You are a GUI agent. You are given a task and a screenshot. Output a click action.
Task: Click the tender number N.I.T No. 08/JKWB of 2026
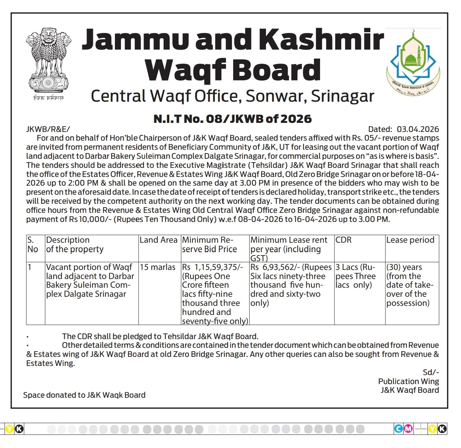click(232, 119)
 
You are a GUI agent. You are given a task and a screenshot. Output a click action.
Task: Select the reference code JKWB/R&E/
click(48, 129)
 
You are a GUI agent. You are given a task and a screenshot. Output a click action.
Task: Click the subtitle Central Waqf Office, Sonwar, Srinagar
click(232, 96)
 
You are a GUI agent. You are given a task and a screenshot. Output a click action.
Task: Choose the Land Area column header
click(158, 240)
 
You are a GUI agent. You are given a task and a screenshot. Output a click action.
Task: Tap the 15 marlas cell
click(158, 267)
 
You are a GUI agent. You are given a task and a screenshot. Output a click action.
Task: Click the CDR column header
click(343, 240)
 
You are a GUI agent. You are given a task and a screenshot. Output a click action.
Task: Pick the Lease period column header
click(410, 240)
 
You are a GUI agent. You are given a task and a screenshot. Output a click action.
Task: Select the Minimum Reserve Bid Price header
click(209, 245)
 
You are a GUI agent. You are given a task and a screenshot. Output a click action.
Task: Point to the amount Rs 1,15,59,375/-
click(212, 267)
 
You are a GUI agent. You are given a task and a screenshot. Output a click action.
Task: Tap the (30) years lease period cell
click(404, 267)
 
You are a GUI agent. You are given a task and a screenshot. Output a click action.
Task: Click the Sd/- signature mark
click(431, 372)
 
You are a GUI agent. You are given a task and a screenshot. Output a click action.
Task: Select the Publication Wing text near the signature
click(408, 381)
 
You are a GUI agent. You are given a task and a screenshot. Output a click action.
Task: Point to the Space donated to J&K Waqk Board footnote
click(84, 395)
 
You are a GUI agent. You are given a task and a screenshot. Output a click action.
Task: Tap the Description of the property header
click(74, 245)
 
